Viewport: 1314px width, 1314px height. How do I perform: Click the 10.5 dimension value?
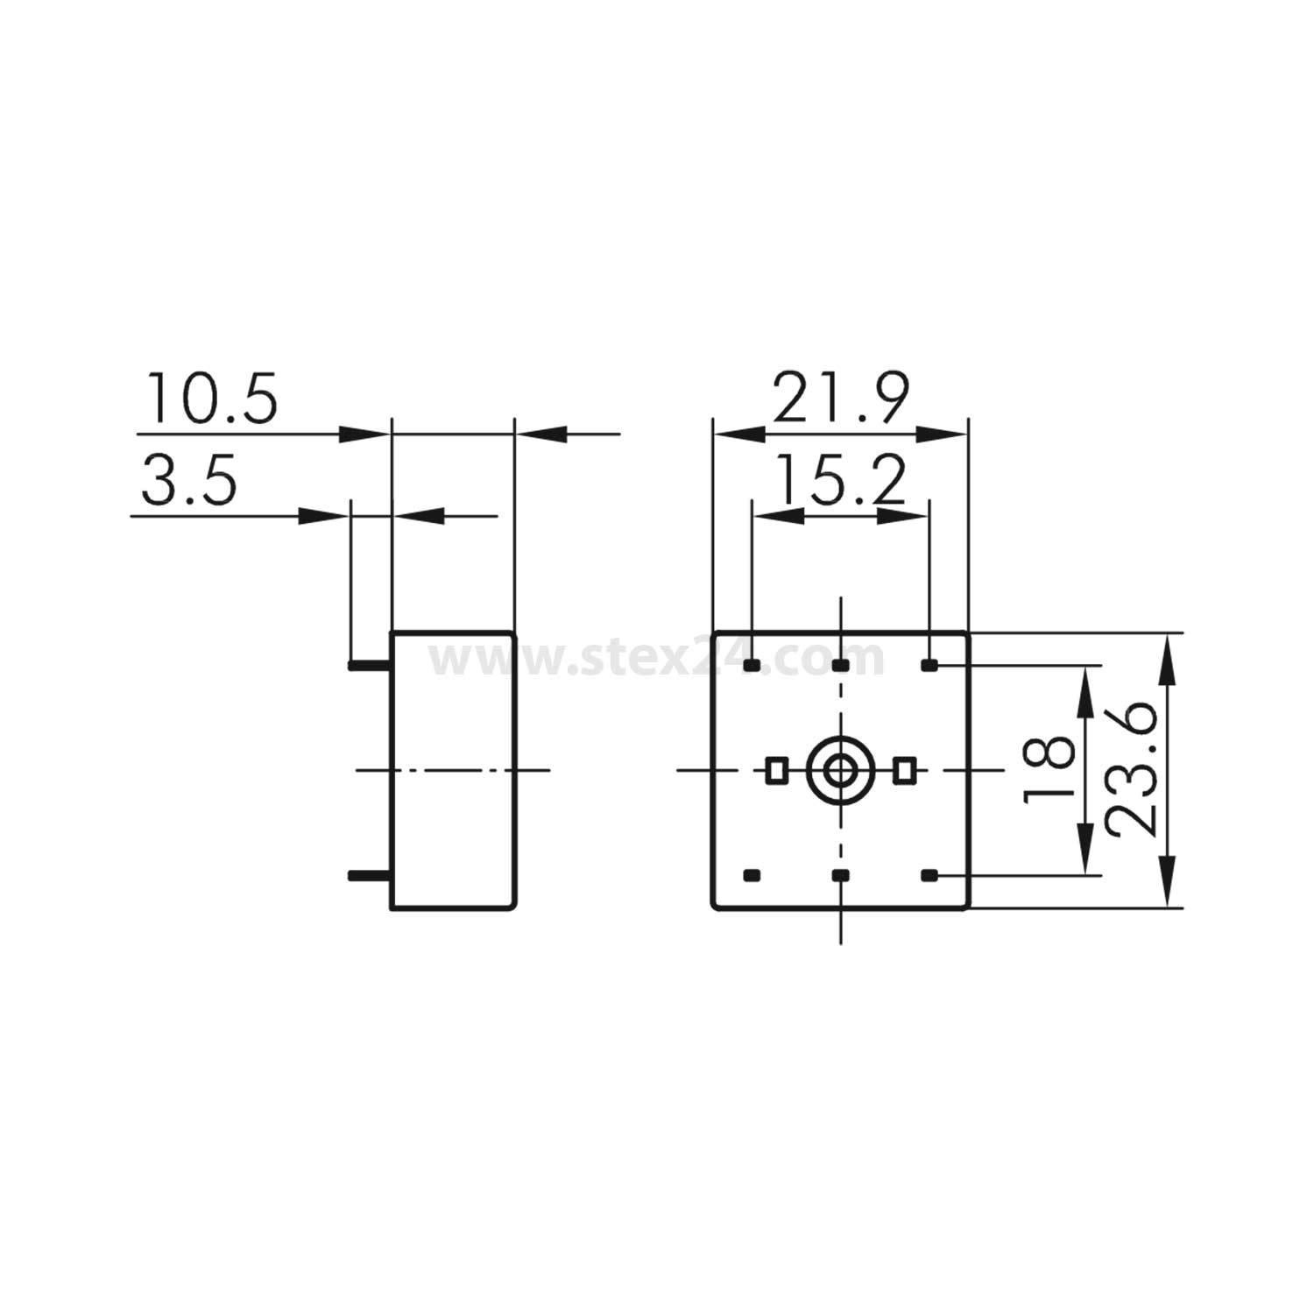point(212,399)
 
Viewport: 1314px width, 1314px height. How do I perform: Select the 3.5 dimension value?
point(189,481)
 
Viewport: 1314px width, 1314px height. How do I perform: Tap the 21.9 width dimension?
point(841,399)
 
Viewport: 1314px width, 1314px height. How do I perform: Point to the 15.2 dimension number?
point(841,481)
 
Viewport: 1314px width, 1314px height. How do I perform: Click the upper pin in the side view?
point(369,666)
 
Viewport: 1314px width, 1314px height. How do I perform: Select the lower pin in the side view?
point(369,874)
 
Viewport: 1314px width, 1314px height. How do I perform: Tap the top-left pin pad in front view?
point(752,666)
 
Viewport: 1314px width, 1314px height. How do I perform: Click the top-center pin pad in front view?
point(841,666)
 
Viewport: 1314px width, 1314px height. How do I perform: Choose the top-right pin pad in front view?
point(929,666)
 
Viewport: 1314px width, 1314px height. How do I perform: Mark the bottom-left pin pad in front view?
point(752,874)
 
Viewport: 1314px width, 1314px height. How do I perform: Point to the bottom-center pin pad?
point(841,874)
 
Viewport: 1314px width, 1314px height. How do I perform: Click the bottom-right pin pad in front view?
point(929,874)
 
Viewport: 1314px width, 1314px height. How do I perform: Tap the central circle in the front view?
point(841,770)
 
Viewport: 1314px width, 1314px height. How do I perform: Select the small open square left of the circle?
point(775,770)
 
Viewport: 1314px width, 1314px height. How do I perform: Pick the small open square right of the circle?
point(904,770)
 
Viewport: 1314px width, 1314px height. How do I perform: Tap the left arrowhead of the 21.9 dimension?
point(738,434)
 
